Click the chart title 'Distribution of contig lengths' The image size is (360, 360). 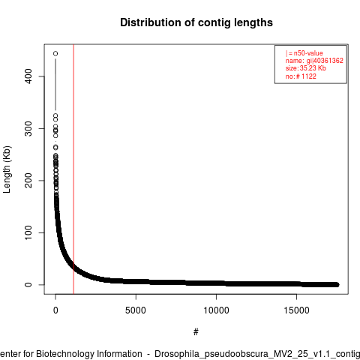196,22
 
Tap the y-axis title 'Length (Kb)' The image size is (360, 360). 7,169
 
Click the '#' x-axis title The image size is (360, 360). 196,332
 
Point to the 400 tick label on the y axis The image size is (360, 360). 28,76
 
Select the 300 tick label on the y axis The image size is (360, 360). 28,128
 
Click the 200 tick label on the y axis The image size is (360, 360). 28,181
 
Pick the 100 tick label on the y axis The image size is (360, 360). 28,232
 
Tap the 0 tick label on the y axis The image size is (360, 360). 28,284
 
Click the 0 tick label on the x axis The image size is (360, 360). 55,310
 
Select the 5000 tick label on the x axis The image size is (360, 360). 136,310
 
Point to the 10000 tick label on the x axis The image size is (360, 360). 216,310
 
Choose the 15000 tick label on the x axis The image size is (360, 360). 296,310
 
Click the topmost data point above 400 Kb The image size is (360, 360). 55,53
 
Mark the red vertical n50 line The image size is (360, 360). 73,169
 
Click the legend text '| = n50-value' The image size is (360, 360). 304,53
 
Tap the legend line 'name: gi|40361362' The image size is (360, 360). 314,61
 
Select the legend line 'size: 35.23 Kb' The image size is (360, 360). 306,68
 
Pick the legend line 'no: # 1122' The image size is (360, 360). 301,76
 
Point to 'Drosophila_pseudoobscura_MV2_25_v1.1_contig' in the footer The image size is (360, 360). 257,354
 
